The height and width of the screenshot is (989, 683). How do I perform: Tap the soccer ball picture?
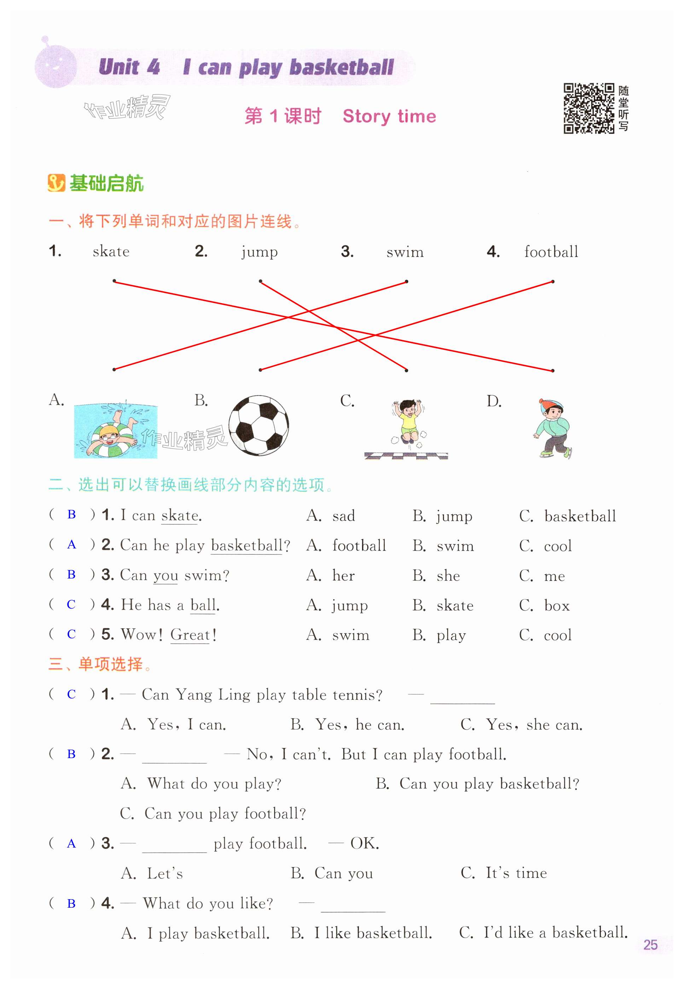259,425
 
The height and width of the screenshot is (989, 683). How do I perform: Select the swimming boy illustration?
116,431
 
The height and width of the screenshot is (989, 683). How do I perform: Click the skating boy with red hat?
553,428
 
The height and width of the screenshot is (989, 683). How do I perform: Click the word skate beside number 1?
111,251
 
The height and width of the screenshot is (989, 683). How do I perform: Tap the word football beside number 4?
551,251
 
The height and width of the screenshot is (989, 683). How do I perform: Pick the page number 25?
650,944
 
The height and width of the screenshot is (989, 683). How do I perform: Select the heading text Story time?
389,116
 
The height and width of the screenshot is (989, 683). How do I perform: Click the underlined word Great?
190,634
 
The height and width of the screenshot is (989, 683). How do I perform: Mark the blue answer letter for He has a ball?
71,604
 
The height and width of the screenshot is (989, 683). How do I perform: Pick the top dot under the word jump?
260,281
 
